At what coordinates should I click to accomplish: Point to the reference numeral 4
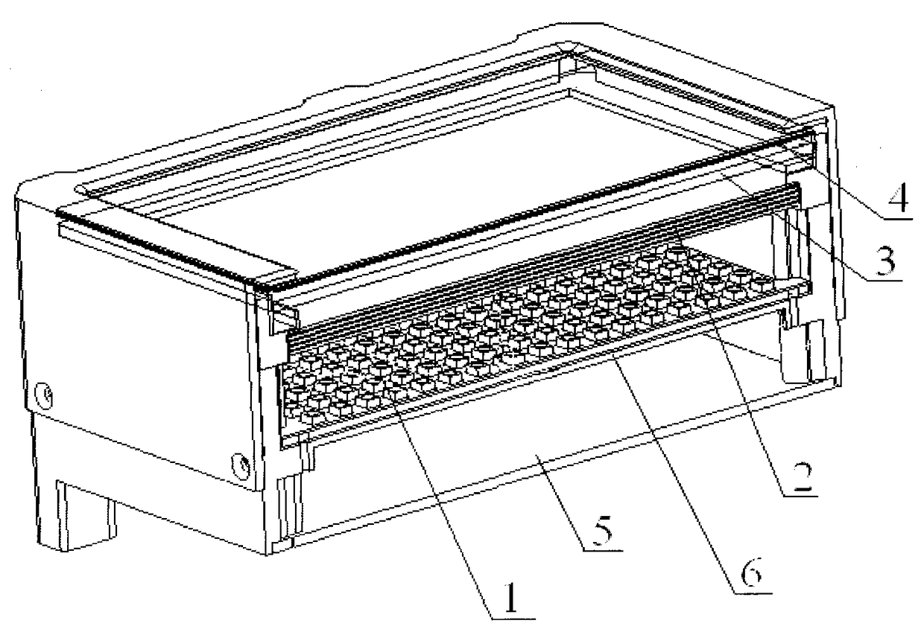(x=899, y=200)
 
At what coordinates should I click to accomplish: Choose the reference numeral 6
(x=752, y=575)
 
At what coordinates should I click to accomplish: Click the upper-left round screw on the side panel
(x=44, y=395)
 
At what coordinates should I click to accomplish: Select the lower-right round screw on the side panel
(x=241, y=465)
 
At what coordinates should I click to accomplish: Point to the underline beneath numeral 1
(x=513, y=619)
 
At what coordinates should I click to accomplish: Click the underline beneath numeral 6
(x=753, y=593)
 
